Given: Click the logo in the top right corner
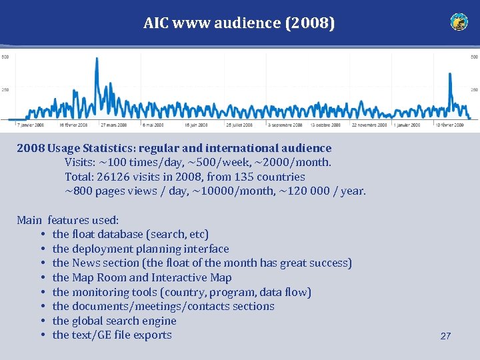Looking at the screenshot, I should click(459, 22).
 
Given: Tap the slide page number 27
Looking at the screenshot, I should click(445, 336).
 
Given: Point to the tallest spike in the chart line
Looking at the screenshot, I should click(97, 60).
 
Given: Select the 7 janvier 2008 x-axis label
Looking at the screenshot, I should click(31, 125).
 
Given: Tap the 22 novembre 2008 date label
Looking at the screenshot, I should click(369, 125).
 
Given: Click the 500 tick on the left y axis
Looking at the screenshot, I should click(5, 57).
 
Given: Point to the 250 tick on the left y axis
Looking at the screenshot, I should click(5, 89).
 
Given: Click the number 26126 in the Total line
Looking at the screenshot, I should click(115, 177).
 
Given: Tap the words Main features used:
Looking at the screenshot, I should click(67, 220).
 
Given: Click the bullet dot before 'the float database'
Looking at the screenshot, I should click(42, 235).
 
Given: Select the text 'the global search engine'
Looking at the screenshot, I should click(114, 321).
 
